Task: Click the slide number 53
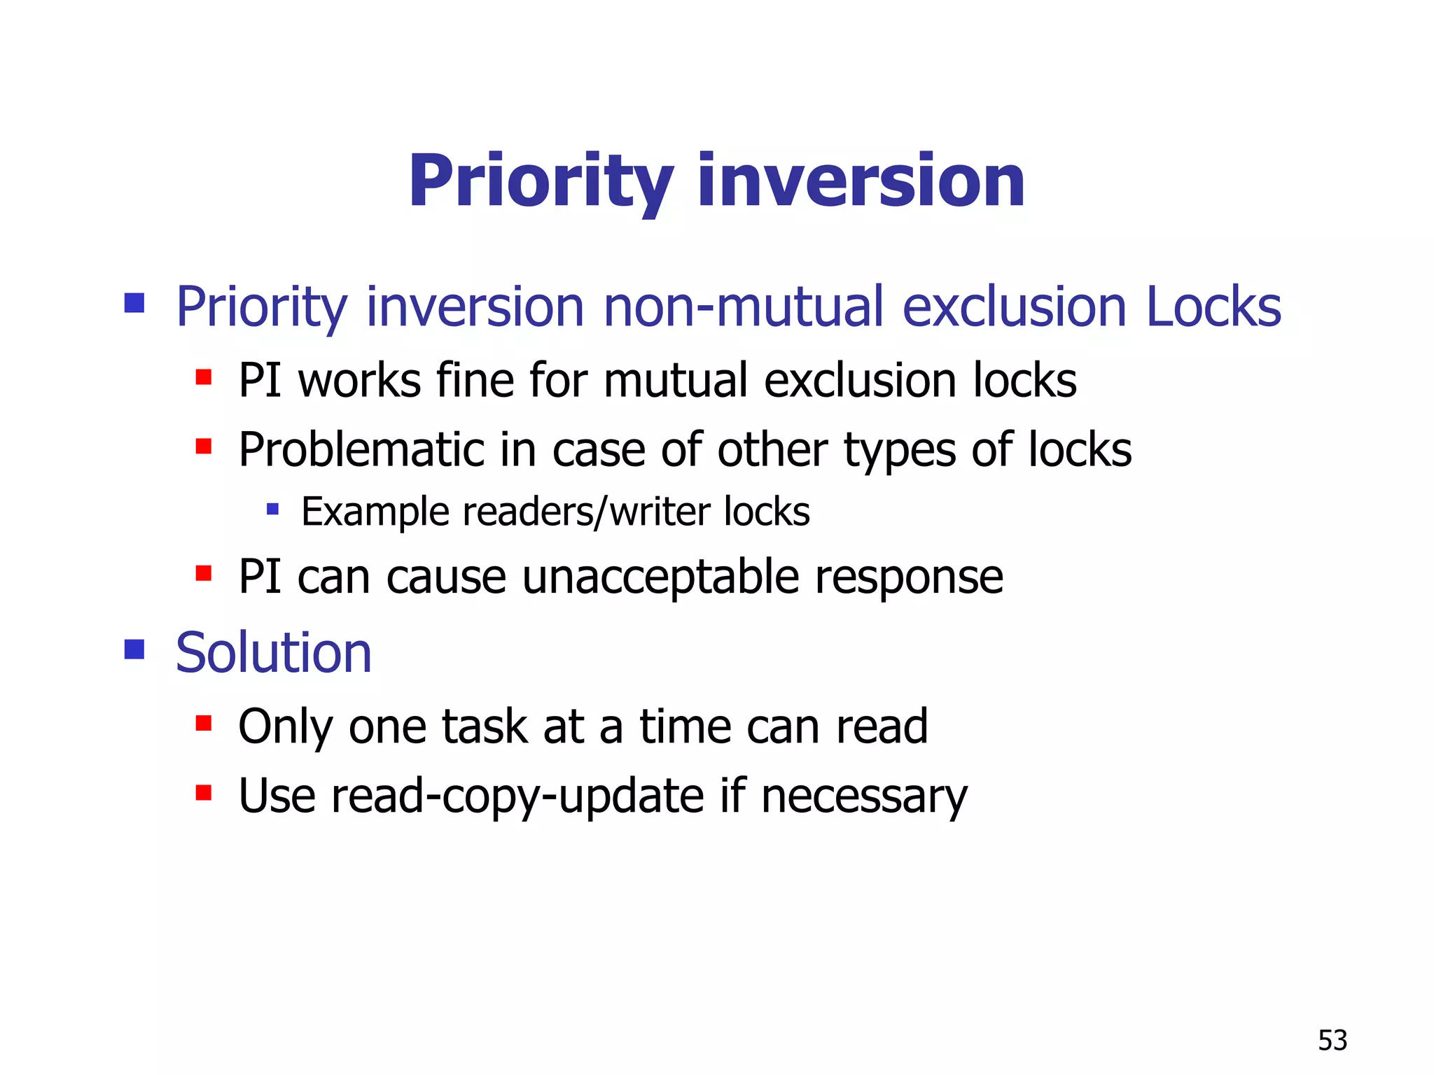click(1332, 1040)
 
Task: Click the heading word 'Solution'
click(273, 653)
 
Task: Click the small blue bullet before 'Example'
click(273, 509)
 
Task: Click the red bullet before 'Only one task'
click(204, 723)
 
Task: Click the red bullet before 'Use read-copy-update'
click(204, 793)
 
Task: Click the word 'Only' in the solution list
click(285, 727)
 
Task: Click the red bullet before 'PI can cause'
click(204, 574)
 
